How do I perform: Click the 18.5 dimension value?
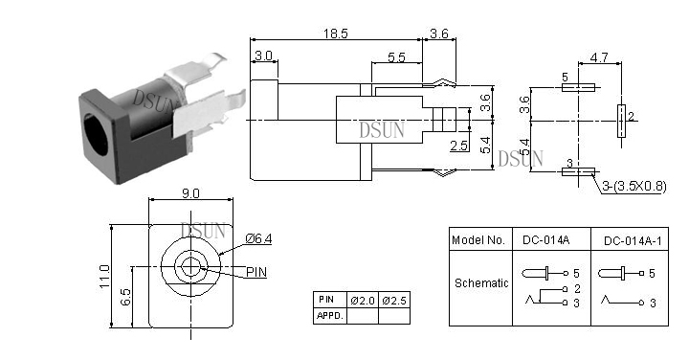336,34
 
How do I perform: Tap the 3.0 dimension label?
264,56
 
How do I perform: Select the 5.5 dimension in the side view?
396,57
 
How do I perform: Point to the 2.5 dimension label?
458,146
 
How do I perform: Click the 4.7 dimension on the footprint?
598,57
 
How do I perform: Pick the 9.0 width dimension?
190,193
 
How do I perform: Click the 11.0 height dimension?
104,276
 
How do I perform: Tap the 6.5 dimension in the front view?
125,297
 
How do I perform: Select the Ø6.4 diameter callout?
258,238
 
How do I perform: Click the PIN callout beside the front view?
256,272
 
